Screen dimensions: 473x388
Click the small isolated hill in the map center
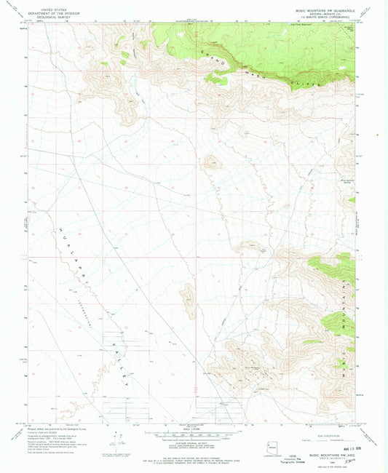tap(212, 162)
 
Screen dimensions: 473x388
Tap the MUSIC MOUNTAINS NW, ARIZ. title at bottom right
tap(320, 453)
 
